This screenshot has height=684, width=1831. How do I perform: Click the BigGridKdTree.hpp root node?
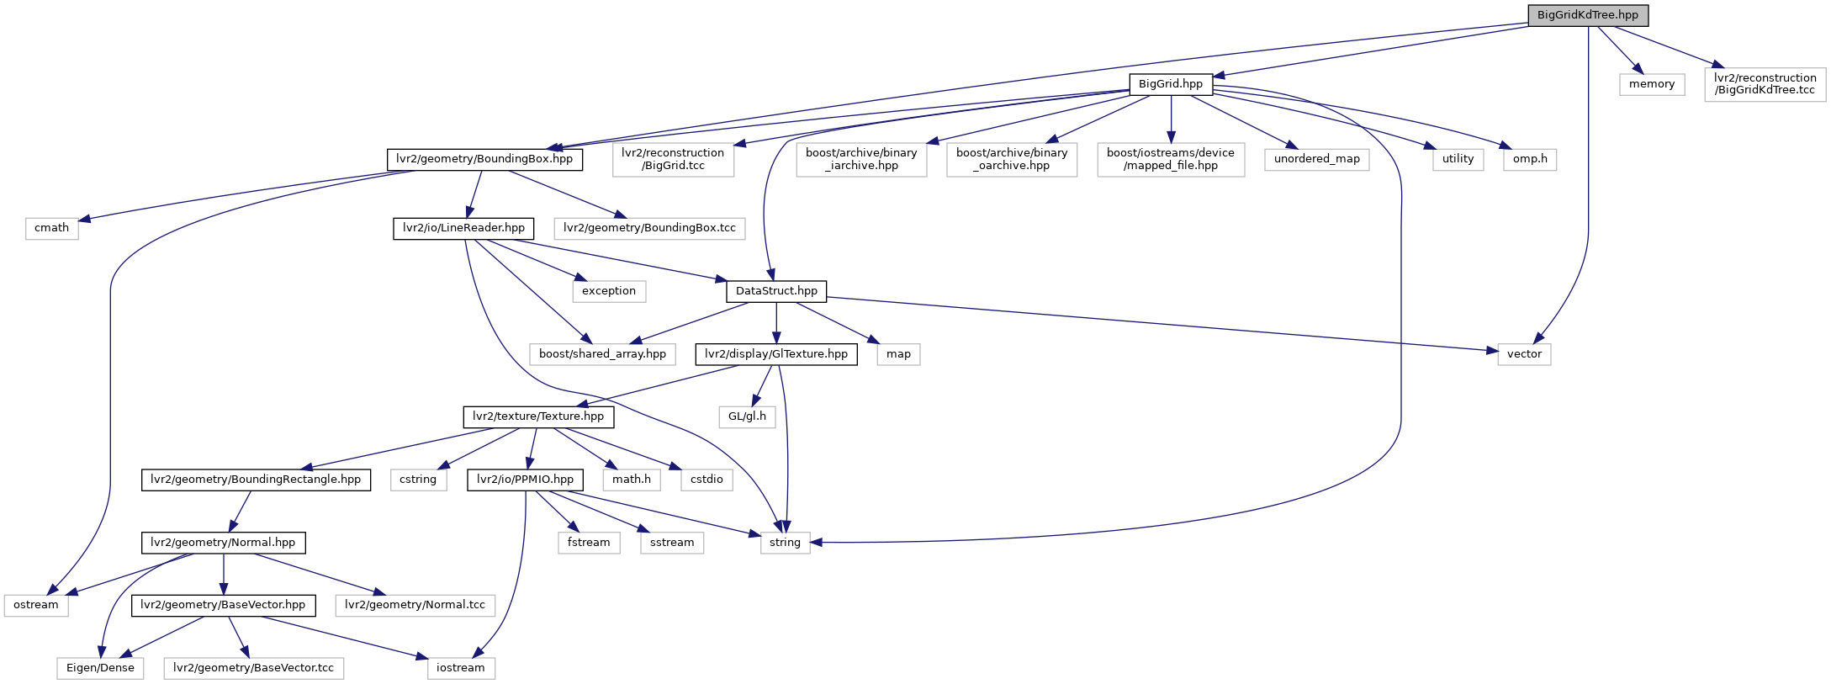[1588, 15]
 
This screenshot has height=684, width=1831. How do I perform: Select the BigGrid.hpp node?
[1171, 84]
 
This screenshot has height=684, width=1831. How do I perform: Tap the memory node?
[1652, 84]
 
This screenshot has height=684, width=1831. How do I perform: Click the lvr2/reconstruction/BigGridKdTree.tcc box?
[1765, 84]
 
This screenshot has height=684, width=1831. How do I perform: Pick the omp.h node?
[1530, 159]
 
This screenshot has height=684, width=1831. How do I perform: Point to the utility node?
[1458, 159]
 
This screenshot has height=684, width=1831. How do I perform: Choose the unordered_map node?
[1316, 159]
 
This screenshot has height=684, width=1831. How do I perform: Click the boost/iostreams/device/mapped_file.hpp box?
[1171, 159]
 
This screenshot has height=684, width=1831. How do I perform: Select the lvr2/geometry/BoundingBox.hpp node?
[484, 159]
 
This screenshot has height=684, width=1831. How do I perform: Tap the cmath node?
[51, 228]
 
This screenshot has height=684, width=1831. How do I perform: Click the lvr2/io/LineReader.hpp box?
[463, 228]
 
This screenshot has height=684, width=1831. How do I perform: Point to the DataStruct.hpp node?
[776, 291]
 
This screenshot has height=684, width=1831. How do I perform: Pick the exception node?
[609, 291]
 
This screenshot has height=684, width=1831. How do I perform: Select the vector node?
[1524, 354]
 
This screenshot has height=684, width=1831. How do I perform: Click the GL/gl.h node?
[747, 416]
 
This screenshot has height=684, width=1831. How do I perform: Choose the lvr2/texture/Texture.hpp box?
[538, 416]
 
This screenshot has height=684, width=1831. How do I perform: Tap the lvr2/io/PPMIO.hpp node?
[525, 480]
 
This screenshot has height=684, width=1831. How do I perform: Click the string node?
[785, 543]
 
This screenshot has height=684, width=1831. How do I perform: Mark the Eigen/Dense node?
[100, 668]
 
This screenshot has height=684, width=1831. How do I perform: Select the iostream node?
[461, 668]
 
